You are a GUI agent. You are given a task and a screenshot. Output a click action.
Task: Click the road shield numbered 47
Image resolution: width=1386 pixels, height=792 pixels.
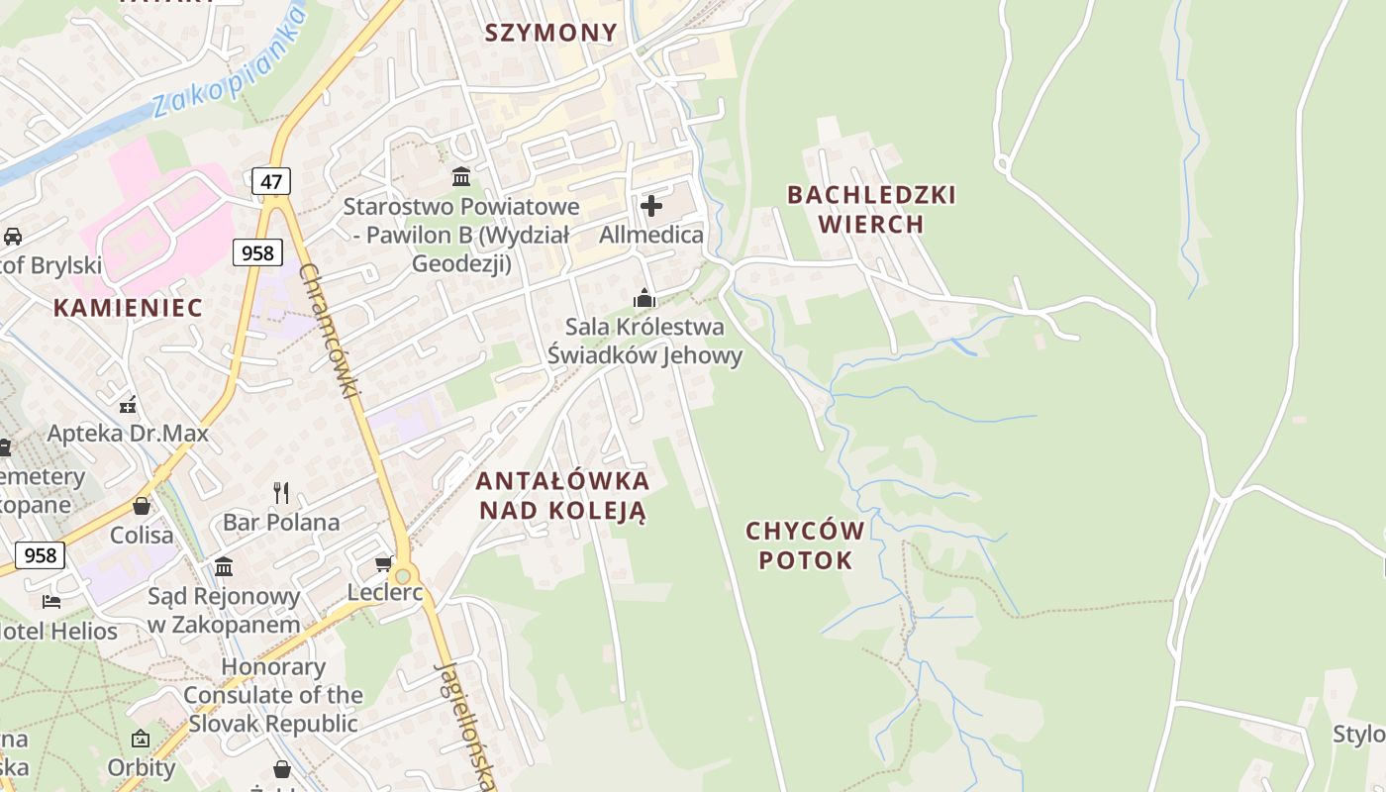point(270,181)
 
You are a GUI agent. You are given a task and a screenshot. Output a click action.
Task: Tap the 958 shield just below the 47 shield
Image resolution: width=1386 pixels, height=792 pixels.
point(257,252)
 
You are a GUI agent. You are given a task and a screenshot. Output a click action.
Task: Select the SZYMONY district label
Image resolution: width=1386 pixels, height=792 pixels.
point(550,33)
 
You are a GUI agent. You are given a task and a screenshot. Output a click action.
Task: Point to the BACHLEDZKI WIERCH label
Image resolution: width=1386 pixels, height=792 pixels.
point(871,209)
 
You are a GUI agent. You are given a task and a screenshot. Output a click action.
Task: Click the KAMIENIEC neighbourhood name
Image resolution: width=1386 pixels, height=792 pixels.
point(128,307)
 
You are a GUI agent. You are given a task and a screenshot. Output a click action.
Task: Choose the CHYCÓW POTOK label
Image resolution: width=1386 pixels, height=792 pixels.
point(805,545)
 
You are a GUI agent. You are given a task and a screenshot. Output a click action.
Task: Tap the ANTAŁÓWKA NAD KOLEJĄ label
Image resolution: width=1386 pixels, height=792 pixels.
point(562,496)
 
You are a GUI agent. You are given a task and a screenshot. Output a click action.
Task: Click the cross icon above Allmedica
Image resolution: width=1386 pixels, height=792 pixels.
point(651,206)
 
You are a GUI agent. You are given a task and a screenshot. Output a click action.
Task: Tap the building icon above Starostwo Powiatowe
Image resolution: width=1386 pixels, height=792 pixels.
point(461,177)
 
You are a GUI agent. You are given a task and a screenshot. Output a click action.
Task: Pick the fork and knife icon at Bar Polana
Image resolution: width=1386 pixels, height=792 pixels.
point(281,492)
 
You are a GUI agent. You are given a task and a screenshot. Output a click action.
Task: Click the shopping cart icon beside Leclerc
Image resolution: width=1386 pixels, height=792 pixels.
point(383,564)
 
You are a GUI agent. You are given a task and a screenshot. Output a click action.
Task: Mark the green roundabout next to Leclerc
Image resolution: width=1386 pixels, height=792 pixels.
point(402,575)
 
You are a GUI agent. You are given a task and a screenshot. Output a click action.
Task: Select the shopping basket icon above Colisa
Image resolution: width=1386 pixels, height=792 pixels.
point(142,506)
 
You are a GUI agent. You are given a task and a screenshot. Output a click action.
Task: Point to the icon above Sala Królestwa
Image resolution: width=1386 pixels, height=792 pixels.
point(644,298)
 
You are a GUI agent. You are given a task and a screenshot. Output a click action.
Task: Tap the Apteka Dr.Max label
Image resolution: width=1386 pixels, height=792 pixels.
point(128,433)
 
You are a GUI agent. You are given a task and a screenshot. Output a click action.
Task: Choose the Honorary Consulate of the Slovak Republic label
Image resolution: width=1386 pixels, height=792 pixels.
point(273,695)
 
